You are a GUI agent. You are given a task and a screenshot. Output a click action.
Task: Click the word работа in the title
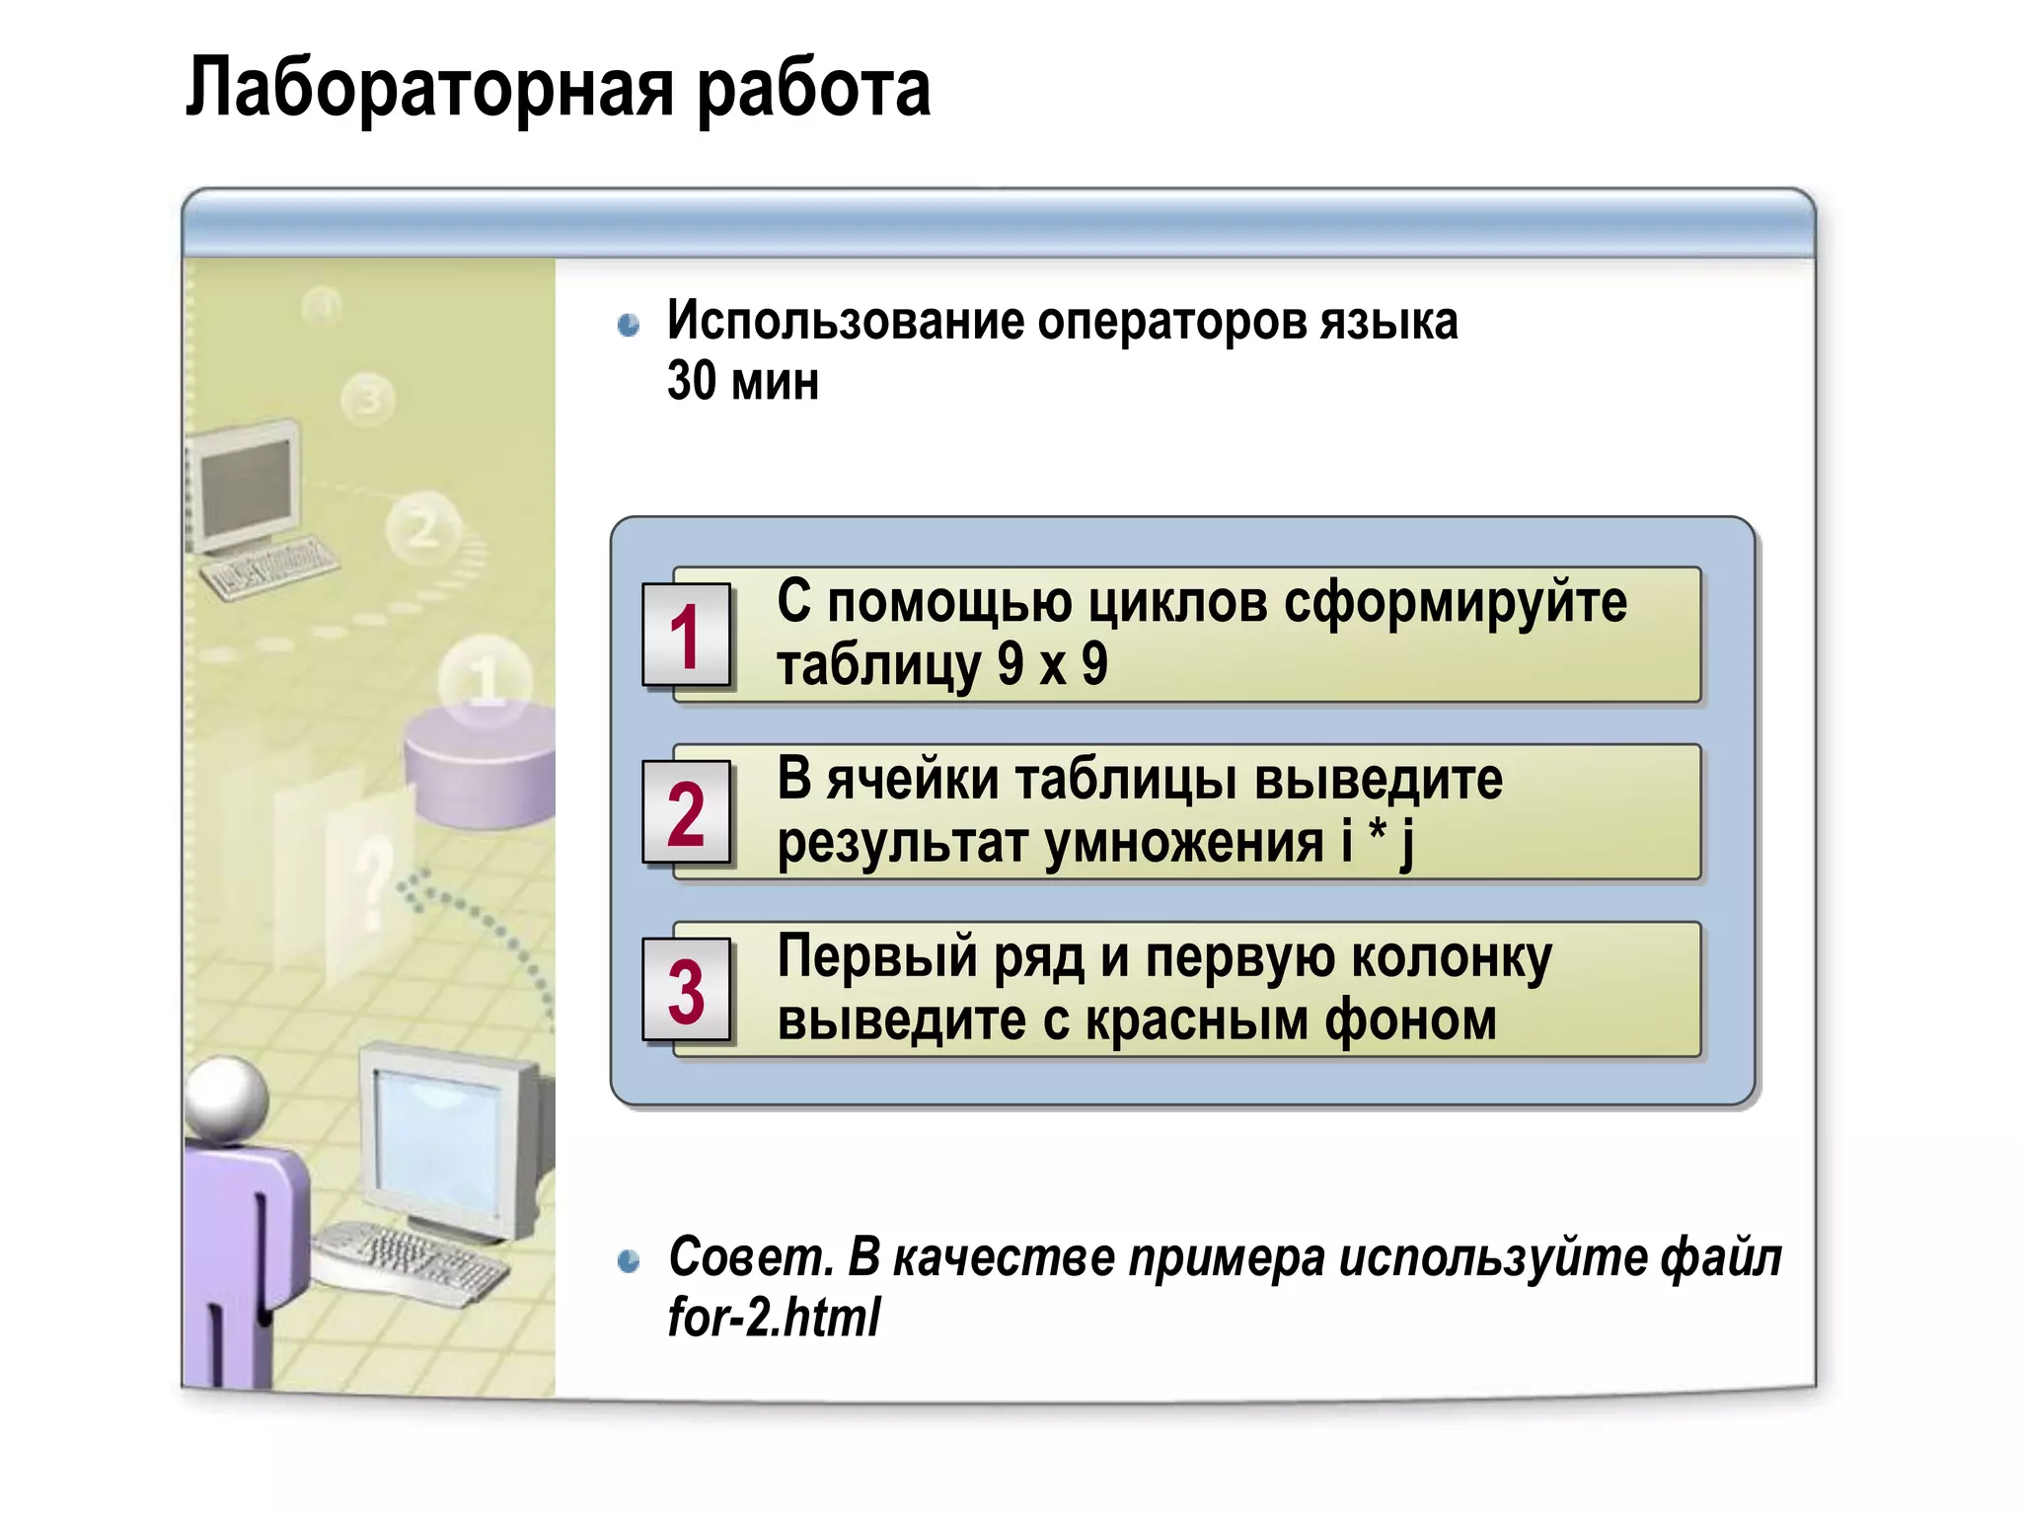[x=813, y=89]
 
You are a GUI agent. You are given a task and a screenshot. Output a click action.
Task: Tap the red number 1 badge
[x=686, y=636]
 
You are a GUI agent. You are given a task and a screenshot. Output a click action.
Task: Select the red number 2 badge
[x=686, y=813]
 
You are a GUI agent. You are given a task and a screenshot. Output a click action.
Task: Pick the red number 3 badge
[x=686, y=991]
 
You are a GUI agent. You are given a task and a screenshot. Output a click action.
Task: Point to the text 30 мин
[x=742, y=381]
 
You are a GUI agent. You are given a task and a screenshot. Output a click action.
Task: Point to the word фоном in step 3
[x=1410, y=1020]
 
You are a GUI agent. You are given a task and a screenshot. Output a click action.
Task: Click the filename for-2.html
[x=774, y=1317]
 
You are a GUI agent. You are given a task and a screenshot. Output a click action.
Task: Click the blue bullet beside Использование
[x=629, y=325]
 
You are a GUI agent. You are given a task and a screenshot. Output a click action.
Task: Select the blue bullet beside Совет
[x=629, y=1260]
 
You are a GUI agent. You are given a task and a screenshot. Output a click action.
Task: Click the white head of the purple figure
[x=227, y=1098]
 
